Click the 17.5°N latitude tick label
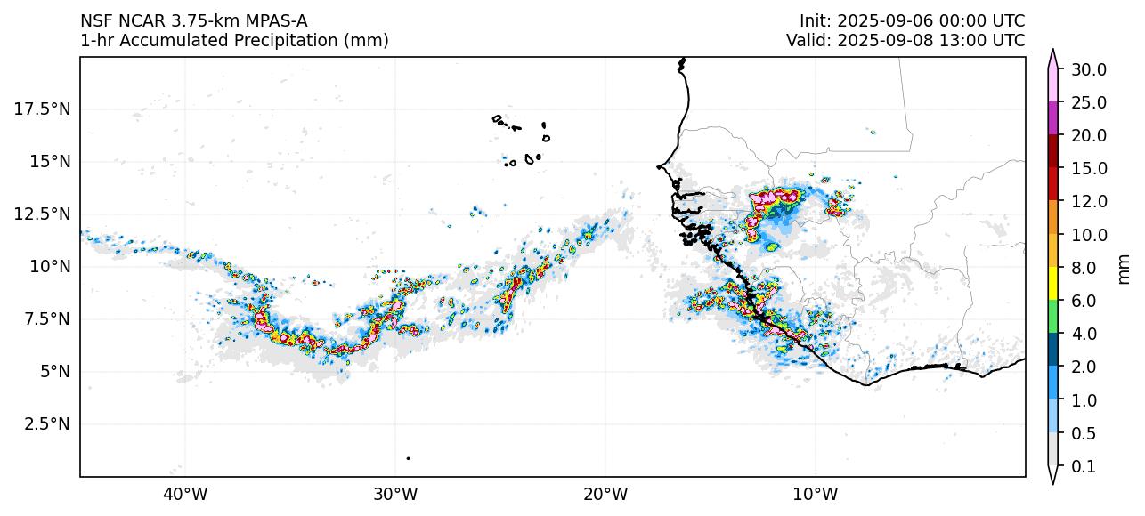coord(41,109)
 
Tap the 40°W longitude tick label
coord(185,494)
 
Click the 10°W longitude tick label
coord(815,494)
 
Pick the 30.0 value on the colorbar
coord(1089,69)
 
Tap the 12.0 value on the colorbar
coord(1089,202)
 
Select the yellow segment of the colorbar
coord(1052,284)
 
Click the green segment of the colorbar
coord(1052,317)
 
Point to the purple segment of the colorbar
coord(1052,118)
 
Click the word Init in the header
coord(814,20)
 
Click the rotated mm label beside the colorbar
coord(1124,268)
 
